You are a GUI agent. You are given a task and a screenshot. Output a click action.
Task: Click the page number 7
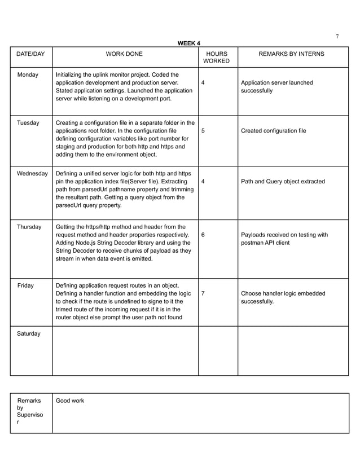pyautogui.click(x=337, y=37)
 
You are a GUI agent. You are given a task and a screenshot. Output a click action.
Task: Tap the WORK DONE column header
pyautogui.click(x=125, y=54)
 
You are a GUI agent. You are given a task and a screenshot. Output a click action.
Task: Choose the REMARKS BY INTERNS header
pyautogui.click(x=291, y=54)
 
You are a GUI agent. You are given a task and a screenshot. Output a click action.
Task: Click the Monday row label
pyautogui.click(x=28, y=74)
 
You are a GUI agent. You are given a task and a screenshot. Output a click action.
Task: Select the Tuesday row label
pyautogui.click(x=28, y=122)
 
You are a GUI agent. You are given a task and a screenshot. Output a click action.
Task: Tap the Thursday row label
pyautogui.click(x=29, y=227)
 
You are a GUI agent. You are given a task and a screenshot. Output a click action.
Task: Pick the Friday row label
pyautogui.click(x=25, y=285)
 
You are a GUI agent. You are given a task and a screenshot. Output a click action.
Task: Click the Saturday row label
pyautogui.click(x=29, y=333)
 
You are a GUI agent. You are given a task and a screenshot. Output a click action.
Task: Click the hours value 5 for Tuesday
pyautogui.click(x=203, y=130)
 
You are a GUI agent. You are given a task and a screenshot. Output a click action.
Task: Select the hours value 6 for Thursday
pyautogui.click(x=203, y=235)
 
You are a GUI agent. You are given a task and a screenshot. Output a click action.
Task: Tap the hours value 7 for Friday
pyautogui.click(x=203, y=293)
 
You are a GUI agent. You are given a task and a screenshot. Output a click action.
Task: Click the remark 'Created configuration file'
pyautogui.click(x=273, y=130)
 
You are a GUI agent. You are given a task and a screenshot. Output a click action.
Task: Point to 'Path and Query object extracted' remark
pyautogui.click(x=283, y=181)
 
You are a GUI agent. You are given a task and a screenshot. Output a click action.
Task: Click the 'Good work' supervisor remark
pyautogui.click(x=70, y=401)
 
